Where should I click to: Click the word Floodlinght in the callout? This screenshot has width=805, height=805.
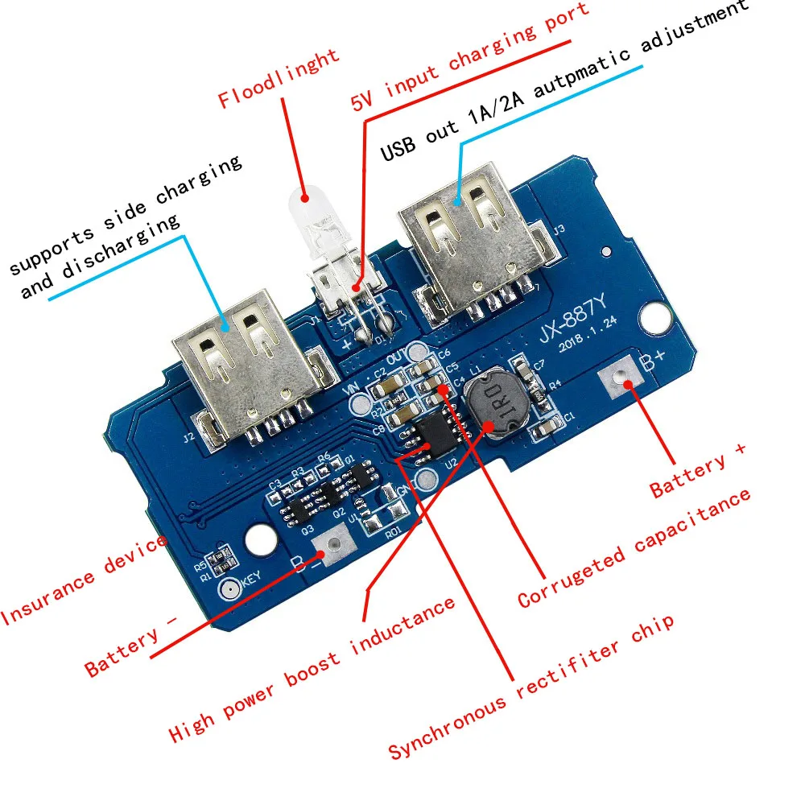pos(279,78)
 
